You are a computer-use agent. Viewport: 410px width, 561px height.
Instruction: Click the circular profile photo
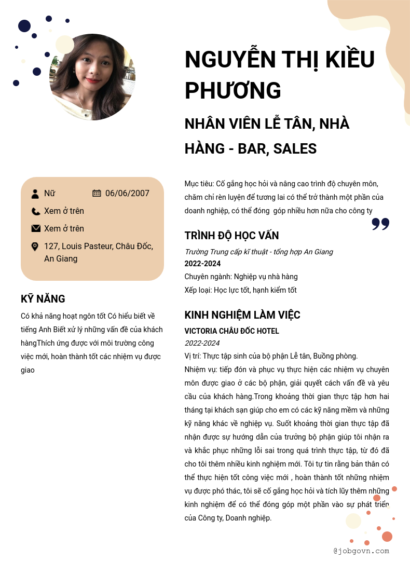[92, 77]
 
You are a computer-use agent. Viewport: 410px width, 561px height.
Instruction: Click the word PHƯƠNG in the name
[233, 90]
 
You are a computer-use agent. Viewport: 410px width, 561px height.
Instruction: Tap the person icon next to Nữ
[35, 194]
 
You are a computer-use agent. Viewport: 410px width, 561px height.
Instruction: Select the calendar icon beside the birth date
[97, 193]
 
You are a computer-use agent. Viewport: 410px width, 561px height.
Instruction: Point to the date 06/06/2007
[127, 194]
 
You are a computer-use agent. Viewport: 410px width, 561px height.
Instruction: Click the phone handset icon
[35, 211]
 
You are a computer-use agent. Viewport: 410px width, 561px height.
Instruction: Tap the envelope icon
[36, 228]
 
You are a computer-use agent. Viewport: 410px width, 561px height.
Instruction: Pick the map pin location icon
[35, 247]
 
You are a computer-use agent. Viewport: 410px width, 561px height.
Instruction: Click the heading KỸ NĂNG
[43, 299]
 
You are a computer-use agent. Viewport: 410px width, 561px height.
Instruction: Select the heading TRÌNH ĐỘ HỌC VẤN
[231, 236]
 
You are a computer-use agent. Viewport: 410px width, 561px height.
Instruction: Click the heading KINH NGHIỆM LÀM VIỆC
[242, 315]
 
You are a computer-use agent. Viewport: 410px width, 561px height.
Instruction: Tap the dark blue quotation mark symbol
[380, 224]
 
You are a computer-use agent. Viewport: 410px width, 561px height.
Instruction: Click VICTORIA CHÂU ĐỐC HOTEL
[231, 331]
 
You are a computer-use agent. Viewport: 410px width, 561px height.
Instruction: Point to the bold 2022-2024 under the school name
[202, 264]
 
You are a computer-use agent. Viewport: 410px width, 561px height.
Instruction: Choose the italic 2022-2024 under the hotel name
[202, 343]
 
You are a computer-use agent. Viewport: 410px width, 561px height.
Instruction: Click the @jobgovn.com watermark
[361, 551]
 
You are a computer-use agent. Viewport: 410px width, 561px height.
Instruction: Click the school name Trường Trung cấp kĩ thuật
[228, 252]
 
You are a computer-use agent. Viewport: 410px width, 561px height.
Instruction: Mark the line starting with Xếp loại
[240, 290]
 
